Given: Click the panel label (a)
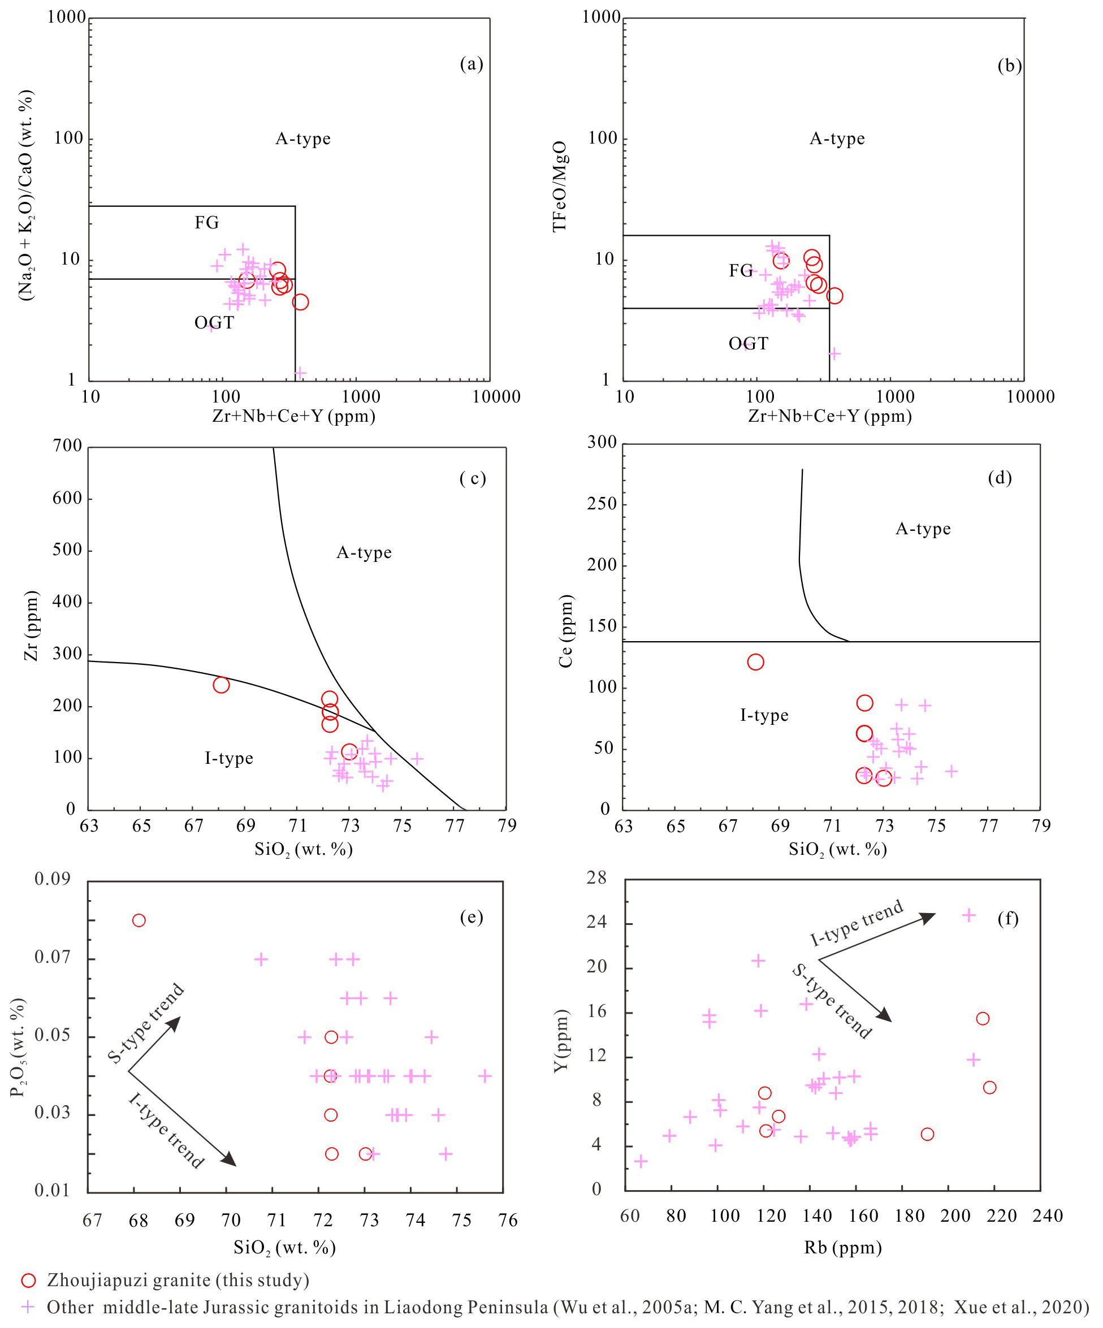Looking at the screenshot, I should pos(471,64).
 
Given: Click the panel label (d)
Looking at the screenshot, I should pos(1000,478).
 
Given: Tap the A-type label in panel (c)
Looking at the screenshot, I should pos(364,553).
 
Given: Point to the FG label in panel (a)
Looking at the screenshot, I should pos(207,223).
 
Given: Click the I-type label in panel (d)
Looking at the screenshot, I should pos(764,715).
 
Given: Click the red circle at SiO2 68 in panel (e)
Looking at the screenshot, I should pos(139,920).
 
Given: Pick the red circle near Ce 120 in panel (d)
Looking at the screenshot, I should pos(755,662).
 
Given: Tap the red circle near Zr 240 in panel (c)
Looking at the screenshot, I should pos(220,685).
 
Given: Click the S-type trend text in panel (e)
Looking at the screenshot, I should pos(145,1023).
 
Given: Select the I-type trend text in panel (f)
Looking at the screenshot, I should pos(857,924).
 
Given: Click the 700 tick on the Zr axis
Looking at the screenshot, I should pos(68,446).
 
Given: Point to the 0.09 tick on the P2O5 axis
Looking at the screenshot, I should pos(52,879).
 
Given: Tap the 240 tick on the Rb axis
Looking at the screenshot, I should pos(1048,1215).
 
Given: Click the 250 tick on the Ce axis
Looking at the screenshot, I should pos(602,504).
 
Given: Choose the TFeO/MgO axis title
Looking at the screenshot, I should pos(560,186).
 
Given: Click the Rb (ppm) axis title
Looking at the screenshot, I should pos(842,1248).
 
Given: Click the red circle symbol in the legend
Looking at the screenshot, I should pos(28,1281).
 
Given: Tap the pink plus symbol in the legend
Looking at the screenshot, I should pos(28,1307).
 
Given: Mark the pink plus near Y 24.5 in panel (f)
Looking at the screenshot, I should pos(968,915).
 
